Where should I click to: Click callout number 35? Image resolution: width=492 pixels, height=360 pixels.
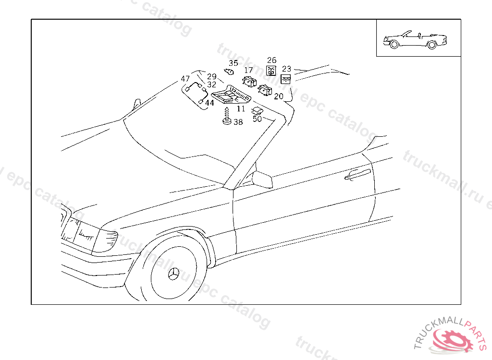click(x=233, y=63)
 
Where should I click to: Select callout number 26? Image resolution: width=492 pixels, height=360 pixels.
click(x=272, y=60)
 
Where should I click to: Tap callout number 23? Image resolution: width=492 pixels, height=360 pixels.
click(x=286, y=69)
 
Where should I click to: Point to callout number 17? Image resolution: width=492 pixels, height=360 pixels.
click(x=248, y=70)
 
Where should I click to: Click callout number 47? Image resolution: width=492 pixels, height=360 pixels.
click(x=185, y=79)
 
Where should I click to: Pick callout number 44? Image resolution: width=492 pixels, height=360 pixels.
click(x=209, y=103)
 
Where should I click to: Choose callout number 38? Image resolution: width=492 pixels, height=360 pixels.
click(x=238, y=122)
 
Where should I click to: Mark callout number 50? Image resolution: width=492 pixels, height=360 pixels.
click(x=257, y=119)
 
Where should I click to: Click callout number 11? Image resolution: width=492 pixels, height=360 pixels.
click(x=241, y=109)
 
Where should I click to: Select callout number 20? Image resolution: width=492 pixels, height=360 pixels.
click(x=279, y=96)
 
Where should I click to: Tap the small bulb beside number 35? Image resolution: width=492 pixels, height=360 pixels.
click(x=229, y=72)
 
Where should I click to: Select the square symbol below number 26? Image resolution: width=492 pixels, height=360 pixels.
click(x=271, y=71)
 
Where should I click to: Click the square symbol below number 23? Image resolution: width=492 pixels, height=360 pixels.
click(x=285, y=79)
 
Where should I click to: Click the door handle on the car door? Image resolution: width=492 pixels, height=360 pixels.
click(x=357, y=174)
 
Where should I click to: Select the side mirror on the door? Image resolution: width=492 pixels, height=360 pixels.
click(x=262, y=180)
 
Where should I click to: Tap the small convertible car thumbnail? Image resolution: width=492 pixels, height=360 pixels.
click(x=415, y=40)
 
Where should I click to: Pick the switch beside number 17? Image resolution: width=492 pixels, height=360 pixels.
click(x=250, y=82)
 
